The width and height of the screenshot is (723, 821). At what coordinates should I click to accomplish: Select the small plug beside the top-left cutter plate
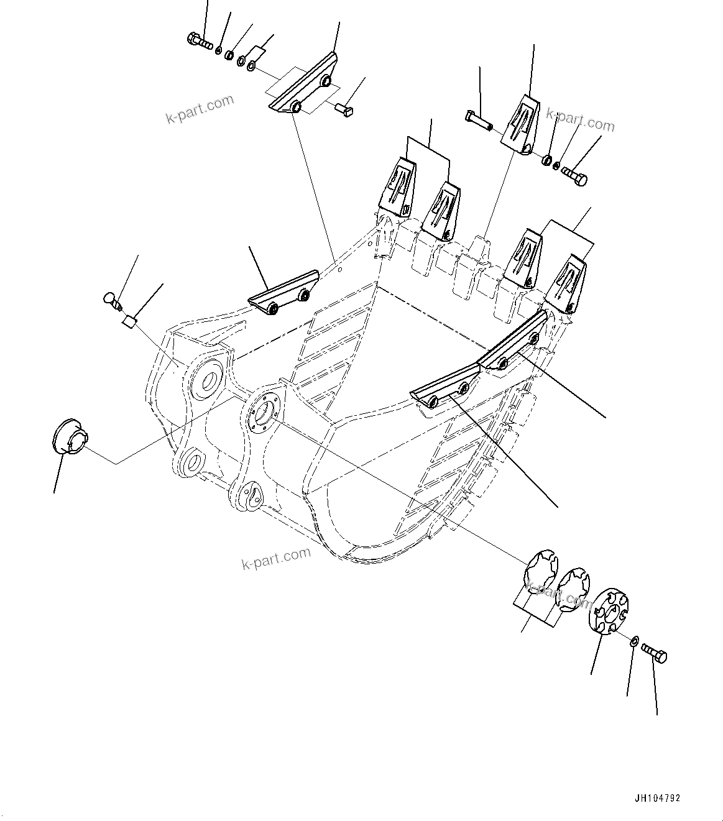click(343, 110)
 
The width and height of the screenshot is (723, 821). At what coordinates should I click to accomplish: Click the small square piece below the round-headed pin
click(129, 321)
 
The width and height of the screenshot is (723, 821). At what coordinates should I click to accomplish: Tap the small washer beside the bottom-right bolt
click(633, 641)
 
